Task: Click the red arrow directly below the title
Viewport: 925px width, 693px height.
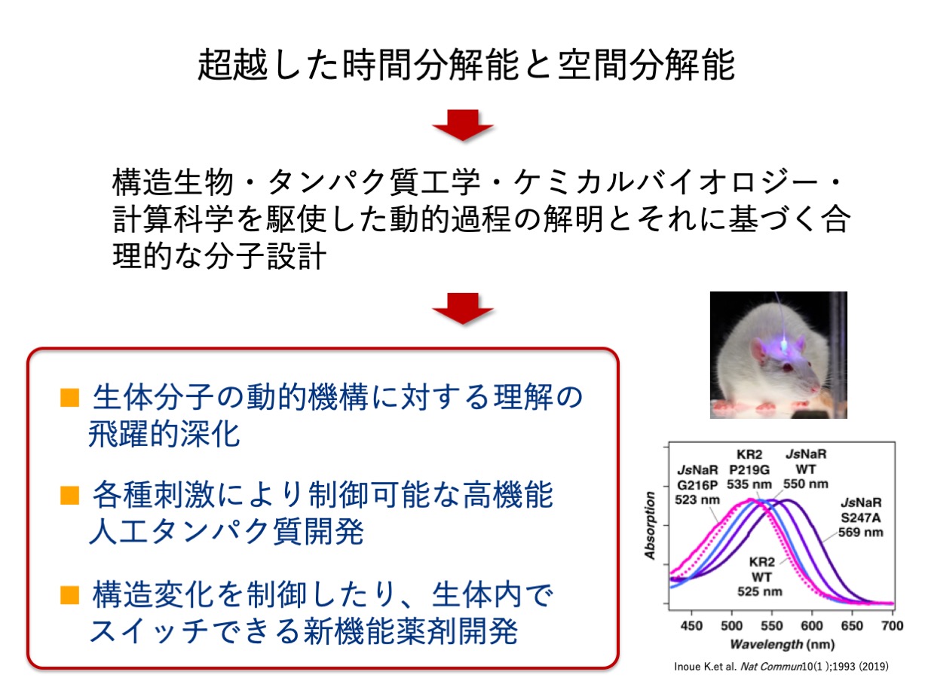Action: click(463, 125)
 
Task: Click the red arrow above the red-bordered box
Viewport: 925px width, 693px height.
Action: click(463, 308)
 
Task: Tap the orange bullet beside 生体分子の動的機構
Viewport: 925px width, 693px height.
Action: click(69, 398)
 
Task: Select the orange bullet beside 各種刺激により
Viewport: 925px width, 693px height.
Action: click(69, 495)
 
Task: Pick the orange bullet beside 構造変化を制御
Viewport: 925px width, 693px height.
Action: click(69, 594)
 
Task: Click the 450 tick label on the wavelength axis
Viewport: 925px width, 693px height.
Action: click(691, 626)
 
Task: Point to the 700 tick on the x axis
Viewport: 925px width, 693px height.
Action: click(892, 626)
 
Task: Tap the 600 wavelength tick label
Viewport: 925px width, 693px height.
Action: click(812, 626)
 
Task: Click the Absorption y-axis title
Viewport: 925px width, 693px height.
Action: click(651, 526)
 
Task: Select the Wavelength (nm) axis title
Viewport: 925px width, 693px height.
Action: click(782, 644)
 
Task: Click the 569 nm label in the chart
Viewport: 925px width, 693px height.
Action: click(860, 532)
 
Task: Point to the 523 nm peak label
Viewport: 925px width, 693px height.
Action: click(697, 499)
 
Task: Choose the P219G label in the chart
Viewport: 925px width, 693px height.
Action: click(749, 469)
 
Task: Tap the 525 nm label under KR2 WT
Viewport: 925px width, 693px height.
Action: click(760, 591)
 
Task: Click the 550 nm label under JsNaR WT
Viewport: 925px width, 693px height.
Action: click(806, 484)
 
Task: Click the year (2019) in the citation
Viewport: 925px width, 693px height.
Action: click(874, 667)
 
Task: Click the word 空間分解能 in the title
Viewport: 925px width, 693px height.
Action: click(646, 65)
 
